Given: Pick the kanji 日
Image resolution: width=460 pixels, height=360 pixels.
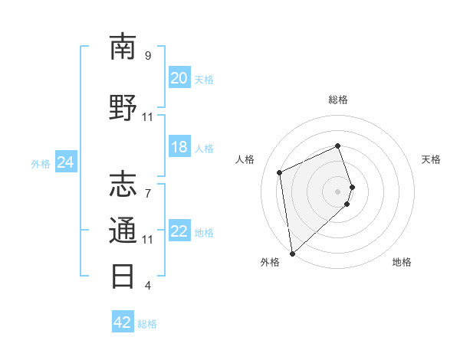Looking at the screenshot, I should (x=123, y=275).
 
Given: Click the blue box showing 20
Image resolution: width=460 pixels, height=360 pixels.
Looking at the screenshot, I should (x=179, y=78).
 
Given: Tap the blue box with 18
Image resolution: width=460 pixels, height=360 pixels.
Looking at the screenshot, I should (x=179, y=147).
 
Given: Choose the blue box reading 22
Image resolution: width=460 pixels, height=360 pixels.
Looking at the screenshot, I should (x=179, y=231).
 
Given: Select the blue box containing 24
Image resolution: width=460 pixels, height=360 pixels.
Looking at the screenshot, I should (x=66, y=162).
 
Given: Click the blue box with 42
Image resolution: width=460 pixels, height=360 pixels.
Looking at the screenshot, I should (x=123, y=322).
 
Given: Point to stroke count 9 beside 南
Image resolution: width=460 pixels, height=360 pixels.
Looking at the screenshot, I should (x=148, y=56).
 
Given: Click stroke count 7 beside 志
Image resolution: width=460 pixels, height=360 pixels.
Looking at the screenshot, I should (x=148, y=185).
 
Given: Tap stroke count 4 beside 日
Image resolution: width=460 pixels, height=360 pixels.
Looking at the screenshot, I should (x=148, y=286).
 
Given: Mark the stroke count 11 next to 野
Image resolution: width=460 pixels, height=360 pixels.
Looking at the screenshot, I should (x=148, y=117).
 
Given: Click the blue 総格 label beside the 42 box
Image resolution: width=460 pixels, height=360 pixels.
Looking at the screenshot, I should (x=147, y=324).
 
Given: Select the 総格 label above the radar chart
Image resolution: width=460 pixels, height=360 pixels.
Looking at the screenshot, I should (x=338, y=100).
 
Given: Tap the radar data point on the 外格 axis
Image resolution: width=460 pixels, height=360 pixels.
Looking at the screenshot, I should (x=291, y=253).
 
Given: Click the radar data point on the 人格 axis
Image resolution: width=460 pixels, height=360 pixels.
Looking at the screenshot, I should (x=280, y=172).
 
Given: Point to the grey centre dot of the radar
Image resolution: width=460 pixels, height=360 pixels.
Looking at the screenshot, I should (x=338, y=190).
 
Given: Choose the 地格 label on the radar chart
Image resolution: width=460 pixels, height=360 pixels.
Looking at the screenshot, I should (x=402, y=262).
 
